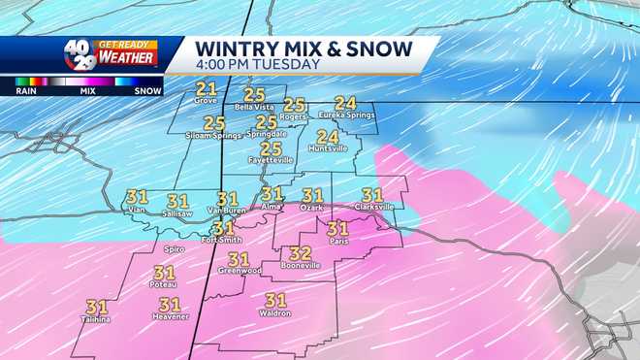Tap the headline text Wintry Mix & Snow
click(304, 48)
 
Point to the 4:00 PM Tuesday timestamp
click(258, 65)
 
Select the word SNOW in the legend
click(147, 90)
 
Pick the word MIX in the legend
click(87, 90)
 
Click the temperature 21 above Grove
click(206, 88)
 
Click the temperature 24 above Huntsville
click(328, 137)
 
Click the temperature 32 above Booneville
click(300, 252)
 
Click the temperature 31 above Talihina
click(97, 307)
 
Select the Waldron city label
click(276, 312)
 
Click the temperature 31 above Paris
click(337, 229)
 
